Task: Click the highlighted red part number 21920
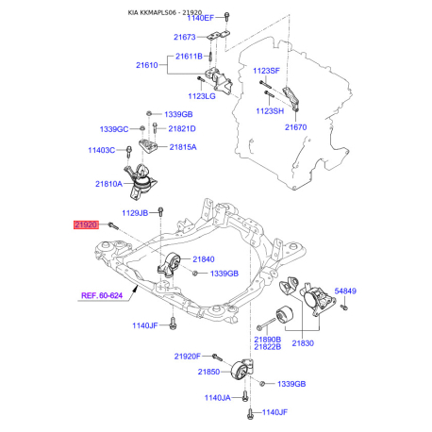tap(86, 224)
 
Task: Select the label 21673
tap(185, 37)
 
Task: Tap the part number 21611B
tap(189, 57)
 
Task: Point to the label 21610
tap(147, 65)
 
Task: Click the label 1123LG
tap(202, 96)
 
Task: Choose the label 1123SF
tap(266, 71)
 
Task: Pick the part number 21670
tap(295, 127)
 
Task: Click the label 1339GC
tap(114, 129)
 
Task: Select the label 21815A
tap(183, 147)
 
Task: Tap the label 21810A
tap(108, 184)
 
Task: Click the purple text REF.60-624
tap(102, 295)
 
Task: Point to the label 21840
tap(204, 259)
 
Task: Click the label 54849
tap(345, 291)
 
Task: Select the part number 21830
tap(303, 343)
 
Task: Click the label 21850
tap(208, 372)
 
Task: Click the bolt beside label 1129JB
tap(160, 211)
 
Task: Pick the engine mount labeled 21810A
tap(141, 181)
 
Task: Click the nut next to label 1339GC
tap(141, 128)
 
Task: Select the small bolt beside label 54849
tap(344, 307)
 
